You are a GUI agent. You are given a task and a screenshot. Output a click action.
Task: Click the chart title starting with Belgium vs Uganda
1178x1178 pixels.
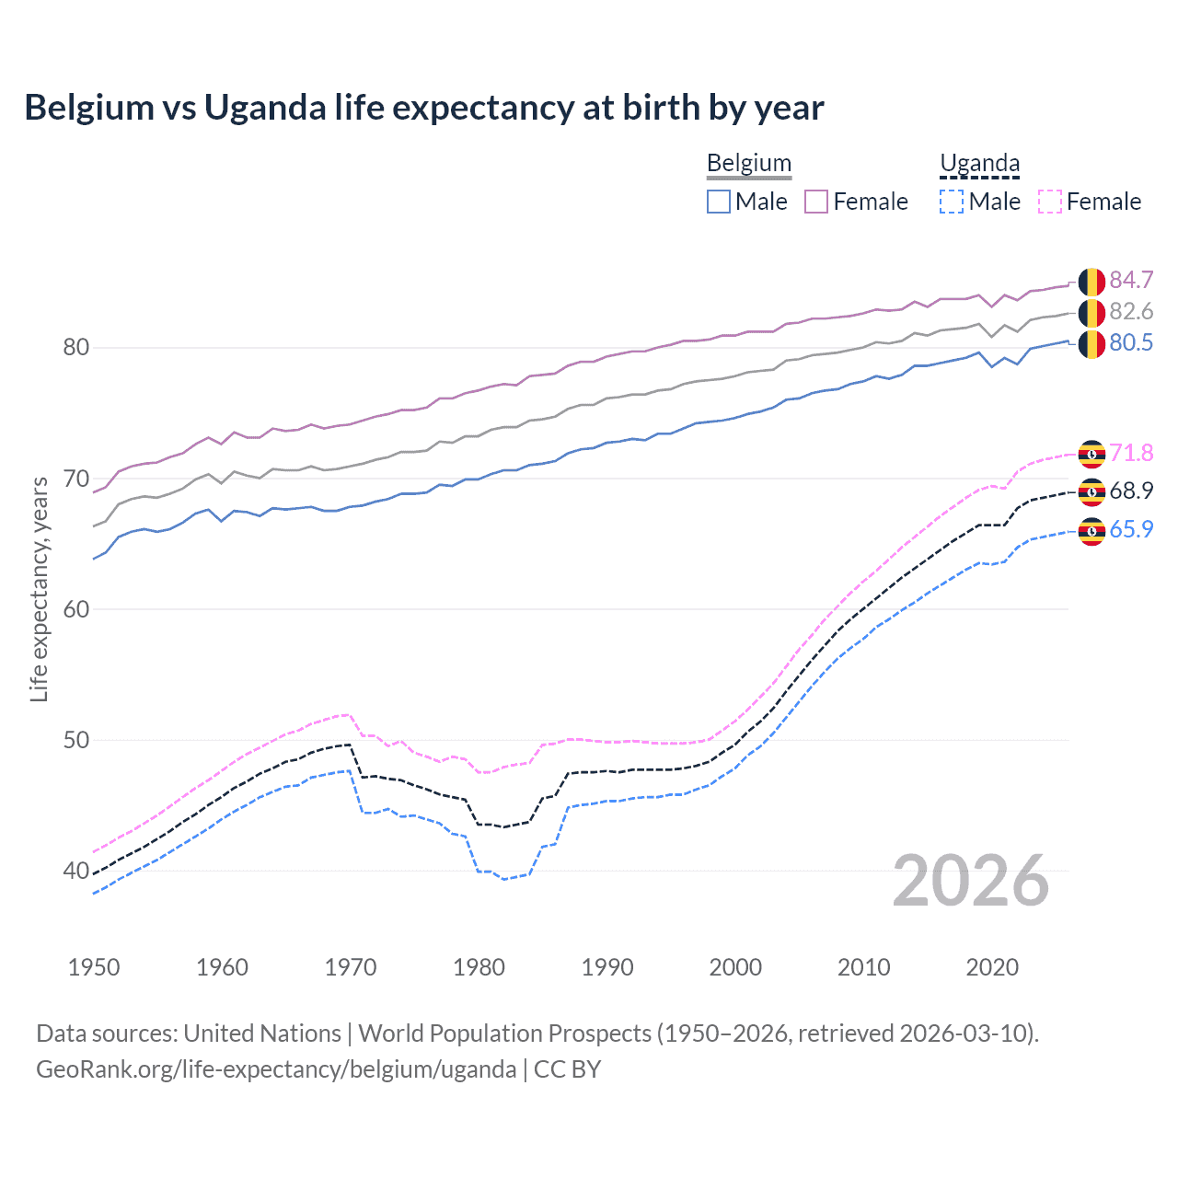(424, 108)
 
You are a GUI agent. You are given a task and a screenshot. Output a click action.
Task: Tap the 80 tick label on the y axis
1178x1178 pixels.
(75, 348)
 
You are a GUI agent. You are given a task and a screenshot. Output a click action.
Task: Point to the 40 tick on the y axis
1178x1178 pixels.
(75, 871)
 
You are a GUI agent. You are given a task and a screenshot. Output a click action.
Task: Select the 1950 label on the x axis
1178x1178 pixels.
(94, 967)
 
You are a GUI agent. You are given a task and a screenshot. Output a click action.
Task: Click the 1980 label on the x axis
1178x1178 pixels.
(479, 967)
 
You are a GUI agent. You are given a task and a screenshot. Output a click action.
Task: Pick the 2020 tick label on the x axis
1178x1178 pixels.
(992, 967)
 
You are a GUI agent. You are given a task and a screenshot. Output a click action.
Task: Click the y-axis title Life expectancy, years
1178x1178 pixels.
(39, 589)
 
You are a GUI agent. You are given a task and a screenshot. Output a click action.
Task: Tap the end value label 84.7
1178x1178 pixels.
(1131, 280)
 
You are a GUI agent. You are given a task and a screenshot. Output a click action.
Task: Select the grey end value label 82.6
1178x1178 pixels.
(1131, 311)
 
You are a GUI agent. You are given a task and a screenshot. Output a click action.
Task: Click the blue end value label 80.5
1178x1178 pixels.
(1131, 342)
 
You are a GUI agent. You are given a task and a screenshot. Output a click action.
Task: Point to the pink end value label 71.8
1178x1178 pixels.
(1131, 453)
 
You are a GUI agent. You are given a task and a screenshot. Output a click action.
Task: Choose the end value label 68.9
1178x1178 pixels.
(1131, 491)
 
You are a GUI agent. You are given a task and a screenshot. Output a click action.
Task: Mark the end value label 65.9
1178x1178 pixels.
(1131, 529)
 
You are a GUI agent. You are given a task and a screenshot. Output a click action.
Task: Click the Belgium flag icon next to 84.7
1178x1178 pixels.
(1091, 282)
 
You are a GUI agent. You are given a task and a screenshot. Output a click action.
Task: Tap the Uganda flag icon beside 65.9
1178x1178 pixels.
(1091, 531)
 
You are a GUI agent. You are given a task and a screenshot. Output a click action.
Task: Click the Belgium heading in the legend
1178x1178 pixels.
(749, 163)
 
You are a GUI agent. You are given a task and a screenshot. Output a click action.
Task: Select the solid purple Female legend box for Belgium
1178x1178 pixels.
(816, 202)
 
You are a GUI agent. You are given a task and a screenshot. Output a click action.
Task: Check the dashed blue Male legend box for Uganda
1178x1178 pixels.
(952, 202)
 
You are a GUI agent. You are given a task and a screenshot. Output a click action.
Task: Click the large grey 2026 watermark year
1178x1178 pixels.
(971, 881)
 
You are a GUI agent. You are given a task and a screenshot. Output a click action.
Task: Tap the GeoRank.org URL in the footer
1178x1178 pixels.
(276, 1068)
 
